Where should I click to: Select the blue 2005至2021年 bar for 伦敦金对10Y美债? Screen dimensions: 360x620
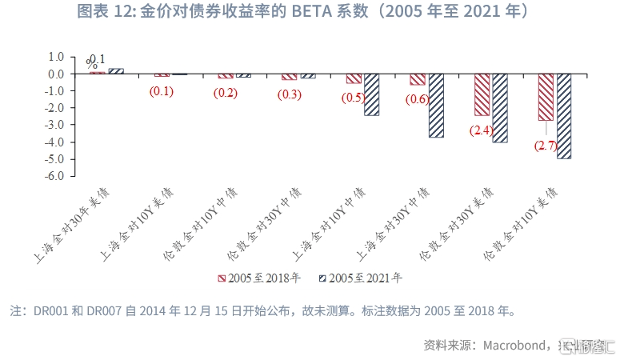[565, 116]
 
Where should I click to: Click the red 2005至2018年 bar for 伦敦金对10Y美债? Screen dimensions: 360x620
[546, 97]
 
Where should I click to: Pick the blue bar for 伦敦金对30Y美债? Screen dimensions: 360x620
[500, 108]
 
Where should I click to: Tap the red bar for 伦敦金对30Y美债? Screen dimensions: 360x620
[482, 94]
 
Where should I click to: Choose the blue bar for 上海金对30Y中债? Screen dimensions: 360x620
[436, 106]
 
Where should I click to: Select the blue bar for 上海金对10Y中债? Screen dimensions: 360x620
[372, 94]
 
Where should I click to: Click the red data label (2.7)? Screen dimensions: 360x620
[546, 146]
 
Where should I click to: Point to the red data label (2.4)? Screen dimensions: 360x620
[482, 130]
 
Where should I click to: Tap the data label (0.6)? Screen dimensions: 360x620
[418, 98]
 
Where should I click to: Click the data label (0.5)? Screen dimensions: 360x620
[353, 98]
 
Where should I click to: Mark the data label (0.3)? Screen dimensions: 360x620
[289, 94]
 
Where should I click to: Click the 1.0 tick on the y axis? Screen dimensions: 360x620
[55, 57]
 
